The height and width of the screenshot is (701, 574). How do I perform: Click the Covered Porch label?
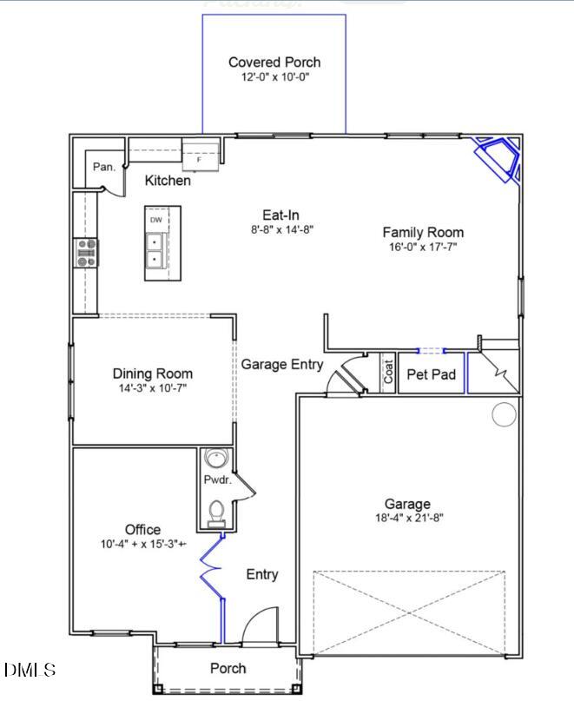click(274, 62)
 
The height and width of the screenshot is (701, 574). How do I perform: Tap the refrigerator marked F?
click(199, 159)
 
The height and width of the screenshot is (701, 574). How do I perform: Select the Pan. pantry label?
click(103, 167)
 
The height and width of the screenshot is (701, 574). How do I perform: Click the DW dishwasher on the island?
click(155, 220)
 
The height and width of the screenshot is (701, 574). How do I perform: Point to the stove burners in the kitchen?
click(86, 253)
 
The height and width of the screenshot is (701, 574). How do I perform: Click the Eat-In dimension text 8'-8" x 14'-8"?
click(281, 230)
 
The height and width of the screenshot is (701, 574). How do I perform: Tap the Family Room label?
click(423, 232)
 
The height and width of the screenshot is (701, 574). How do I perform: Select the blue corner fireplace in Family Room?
click(497, 158)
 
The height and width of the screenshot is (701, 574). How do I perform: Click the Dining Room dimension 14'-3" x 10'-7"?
click(152, 388)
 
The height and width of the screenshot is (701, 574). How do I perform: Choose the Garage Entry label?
click(281, 365)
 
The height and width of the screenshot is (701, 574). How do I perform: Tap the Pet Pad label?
click(431, 374)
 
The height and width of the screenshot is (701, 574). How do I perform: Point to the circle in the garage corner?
click(504, 414)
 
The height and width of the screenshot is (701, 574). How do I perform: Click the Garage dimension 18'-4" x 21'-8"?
click(407, 519)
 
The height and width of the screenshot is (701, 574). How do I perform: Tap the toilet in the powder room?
click(215, 513)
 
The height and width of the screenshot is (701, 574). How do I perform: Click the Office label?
click(142, 529)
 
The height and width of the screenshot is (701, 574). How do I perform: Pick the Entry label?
click(261, 574)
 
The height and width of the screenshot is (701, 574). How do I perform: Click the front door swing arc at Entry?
click(257, 624)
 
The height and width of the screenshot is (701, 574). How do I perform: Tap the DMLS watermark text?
click(30, 670)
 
